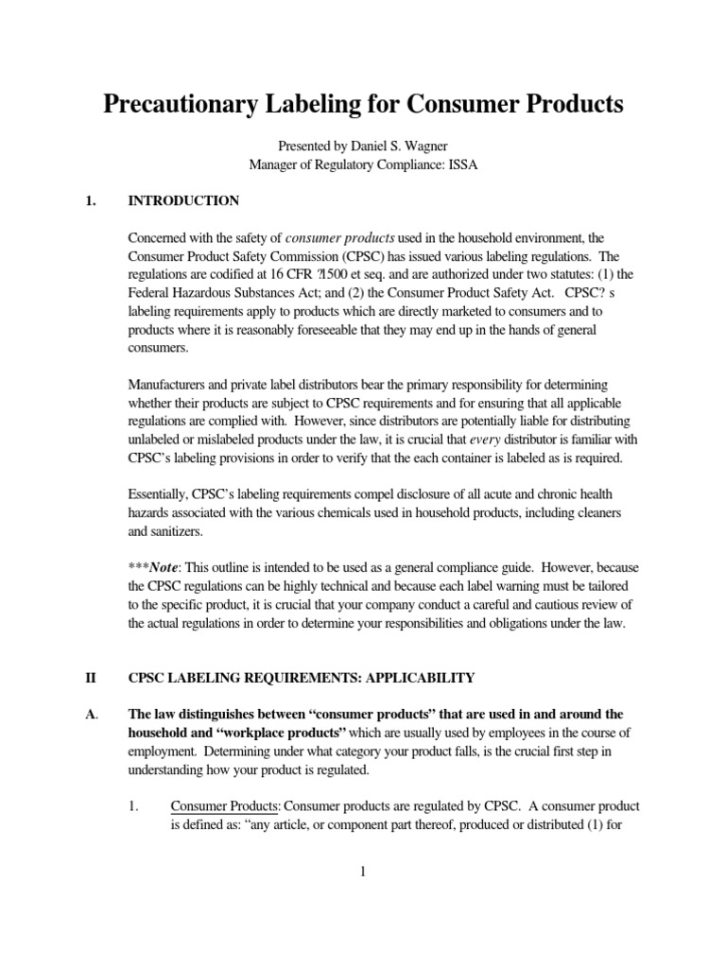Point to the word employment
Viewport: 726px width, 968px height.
[165, 752]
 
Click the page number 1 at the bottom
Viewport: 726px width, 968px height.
[362, 871]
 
